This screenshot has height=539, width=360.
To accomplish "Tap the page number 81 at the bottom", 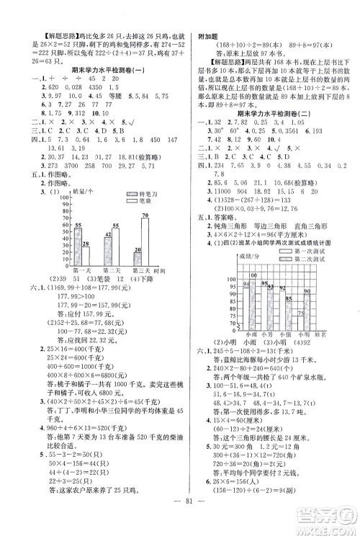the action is click(180, 512).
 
